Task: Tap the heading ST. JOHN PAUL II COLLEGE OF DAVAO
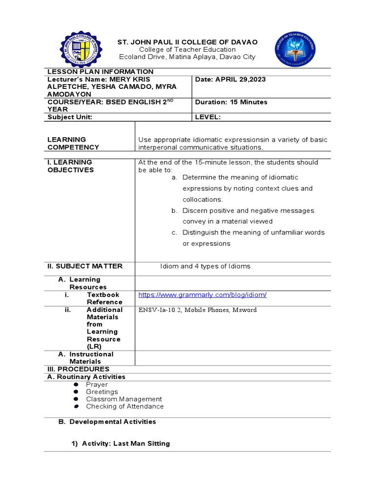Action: (x=187, y=42)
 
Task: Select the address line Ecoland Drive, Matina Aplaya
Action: (x=187, y=57)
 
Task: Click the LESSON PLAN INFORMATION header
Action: (x=100, y=72)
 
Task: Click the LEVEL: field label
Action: (x=208, y=117)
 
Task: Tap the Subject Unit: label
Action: (x=69, y=117)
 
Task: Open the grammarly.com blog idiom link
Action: (x=202, y=295)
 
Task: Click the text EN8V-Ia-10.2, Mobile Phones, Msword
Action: (x=197, y=310)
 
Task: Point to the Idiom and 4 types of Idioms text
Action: (x=205, y=266)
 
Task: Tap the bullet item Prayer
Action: (x=97, y=385)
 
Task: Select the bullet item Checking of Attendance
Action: (x=125, y=406)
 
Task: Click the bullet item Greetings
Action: (x=102, y=392)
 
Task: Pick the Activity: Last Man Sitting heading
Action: (x=125, y=443)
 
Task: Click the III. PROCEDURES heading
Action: (x=78, y=369)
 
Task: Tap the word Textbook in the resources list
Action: (x=103, y=295)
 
